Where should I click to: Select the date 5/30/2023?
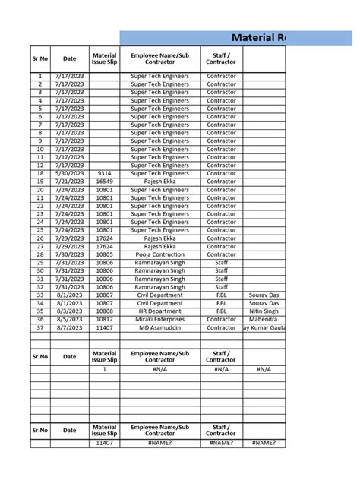(69, 173)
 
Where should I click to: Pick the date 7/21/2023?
(69, 182)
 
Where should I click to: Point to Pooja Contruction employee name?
(159, 254)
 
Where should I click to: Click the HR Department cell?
(159, 311)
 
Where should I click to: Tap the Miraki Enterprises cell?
(159, 320)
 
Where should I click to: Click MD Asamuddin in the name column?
(159, 328)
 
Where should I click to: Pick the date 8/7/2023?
(69, 328)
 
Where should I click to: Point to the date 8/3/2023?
(69, 311)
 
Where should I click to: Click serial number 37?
(39, 328)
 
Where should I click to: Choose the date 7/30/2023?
(69, 254)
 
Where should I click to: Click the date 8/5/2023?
(69, 320)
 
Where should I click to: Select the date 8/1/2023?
(69, 295)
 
